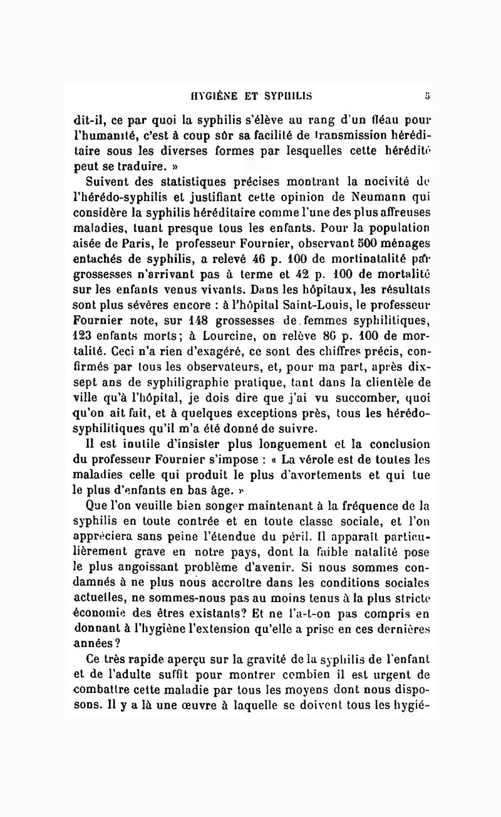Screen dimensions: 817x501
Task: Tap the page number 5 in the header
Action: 426,96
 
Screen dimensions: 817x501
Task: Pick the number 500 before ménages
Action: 329,243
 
